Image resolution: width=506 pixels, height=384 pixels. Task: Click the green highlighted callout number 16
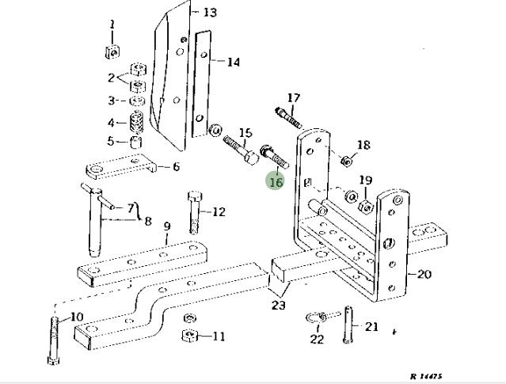[276, 181]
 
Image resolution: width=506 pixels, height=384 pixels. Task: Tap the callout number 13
[210, 13]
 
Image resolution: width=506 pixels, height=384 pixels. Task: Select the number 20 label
[424, 275]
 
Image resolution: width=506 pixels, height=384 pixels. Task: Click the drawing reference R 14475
[426, 376]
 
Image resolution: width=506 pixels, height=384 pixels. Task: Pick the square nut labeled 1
[112, 53]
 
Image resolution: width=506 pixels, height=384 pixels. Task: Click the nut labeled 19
[367, 205]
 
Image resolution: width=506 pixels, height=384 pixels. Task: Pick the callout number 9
[167, 226]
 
